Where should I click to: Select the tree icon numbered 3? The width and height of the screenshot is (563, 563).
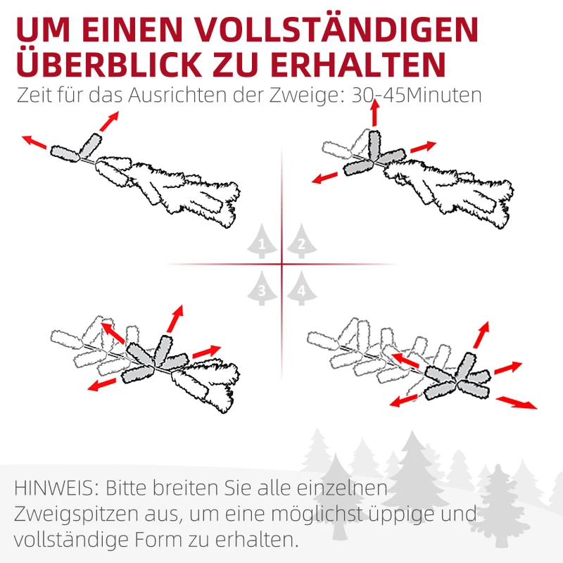pos(262,289)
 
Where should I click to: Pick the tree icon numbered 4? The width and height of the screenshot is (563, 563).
pos(301,289)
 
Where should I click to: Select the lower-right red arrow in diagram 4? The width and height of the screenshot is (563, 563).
pos(517,403)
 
